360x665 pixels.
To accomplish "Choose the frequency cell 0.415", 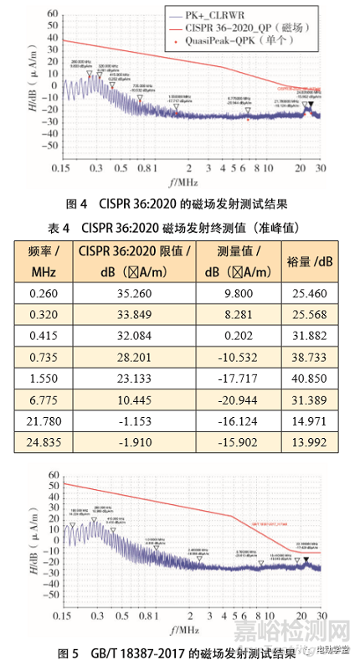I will [x=41, y=337].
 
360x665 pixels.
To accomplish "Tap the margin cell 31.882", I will [x=317, y=337].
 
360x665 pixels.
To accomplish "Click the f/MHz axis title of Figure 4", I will [x=181, y=182].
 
